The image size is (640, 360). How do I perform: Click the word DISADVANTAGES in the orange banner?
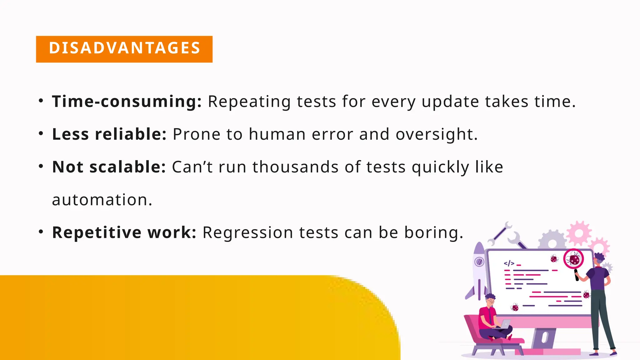click(124, 48)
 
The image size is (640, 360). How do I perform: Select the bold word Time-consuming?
click(127, 102)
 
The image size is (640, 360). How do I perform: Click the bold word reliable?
click(131, 134)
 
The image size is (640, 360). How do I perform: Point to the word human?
click(277, 134)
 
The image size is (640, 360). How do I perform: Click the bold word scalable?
click(127, 167)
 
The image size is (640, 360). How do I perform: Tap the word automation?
click(102, 200)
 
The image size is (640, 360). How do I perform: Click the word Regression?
click(248, 232)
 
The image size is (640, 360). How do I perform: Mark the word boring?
click(433, 232)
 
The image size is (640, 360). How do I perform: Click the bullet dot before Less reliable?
click(41, 133)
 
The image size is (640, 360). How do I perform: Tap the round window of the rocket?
click(479, 262)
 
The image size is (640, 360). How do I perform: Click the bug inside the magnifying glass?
click(574, 259)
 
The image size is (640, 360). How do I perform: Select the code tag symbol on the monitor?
click(509, 263)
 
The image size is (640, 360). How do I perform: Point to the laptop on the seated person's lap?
click(505, 324)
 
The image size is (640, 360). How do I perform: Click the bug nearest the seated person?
click(515, 307)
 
